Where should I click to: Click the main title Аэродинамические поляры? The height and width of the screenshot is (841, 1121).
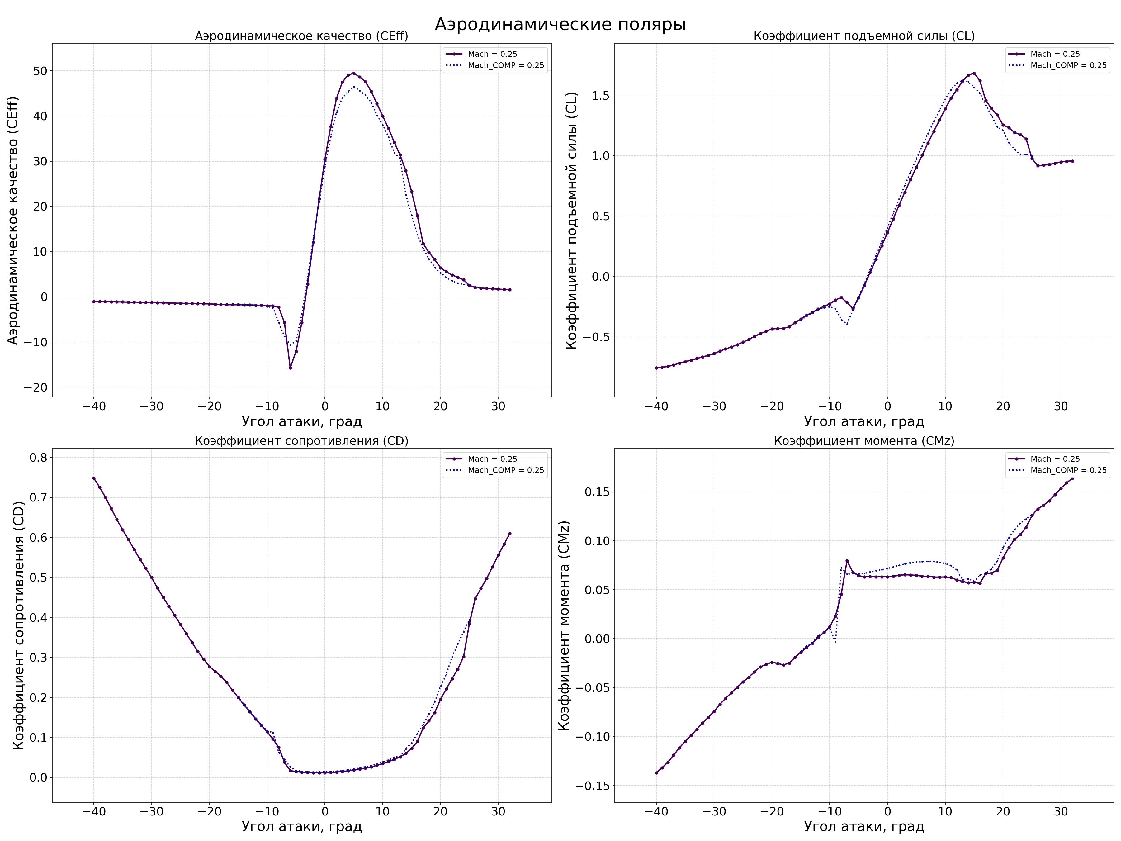point(560,24)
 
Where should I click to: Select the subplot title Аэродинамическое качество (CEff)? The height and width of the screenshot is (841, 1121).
point(301,36)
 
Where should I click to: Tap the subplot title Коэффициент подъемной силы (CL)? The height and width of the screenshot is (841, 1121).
point(864,36)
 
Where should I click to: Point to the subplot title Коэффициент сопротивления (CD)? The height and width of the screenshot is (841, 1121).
point(301,441)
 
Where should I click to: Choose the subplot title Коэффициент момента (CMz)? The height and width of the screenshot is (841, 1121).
point(864,441)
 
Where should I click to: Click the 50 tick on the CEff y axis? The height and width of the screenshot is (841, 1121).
point(40,71)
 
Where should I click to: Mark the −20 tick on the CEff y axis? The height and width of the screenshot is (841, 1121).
point(35,387)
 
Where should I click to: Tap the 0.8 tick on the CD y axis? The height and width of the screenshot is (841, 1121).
point(38,457)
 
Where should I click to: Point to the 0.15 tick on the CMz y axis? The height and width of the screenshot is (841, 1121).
point(598,492)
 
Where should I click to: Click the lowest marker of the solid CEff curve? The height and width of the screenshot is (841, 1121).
point(291,368)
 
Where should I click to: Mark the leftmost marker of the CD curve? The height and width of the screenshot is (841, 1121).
point(94,478)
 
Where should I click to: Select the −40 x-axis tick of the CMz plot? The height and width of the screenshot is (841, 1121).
point(656,811)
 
